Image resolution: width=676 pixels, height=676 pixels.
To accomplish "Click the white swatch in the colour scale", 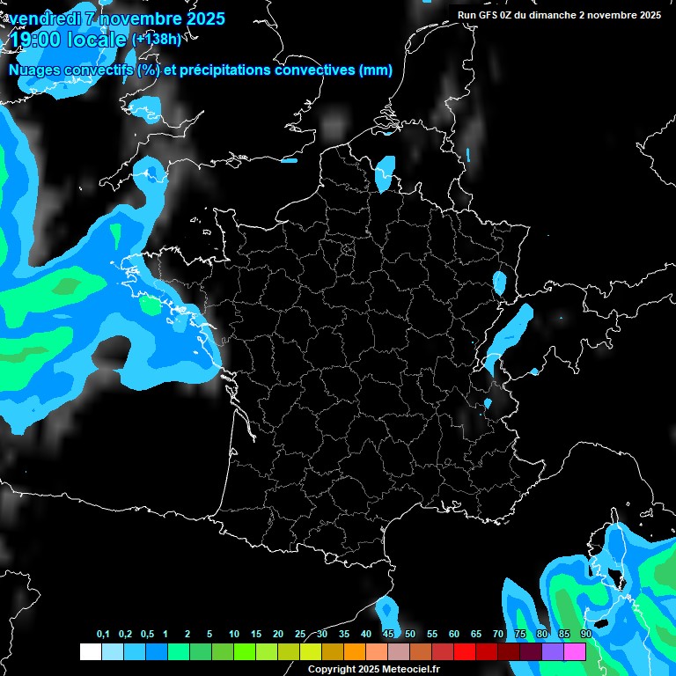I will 90,651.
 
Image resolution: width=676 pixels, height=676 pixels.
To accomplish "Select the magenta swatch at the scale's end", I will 575,651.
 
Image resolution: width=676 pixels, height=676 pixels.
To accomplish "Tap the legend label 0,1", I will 103,635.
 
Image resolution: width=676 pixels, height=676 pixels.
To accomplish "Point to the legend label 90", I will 586,635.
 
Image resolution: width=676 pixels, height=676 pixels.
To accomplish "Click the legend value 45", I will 388,635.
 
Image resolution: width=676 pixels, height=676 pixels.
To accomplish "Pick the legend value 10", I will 234,635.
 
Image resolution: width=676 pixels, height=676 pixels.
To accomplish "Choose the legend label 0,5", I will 147,635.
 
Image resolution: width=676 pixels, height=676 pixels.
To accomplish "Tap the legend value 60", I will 454,635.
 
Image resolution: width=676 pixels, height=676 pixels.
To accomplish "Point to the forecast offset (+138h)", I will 156,40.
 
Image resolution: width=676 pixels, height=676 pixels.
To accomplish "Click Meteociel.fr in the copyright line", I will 408,670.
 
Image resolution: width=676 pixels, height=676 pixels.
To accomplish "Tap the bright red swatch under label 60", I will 465,651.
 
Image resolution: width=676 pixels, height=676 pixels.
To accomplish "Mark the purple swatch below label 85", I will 553,651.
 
